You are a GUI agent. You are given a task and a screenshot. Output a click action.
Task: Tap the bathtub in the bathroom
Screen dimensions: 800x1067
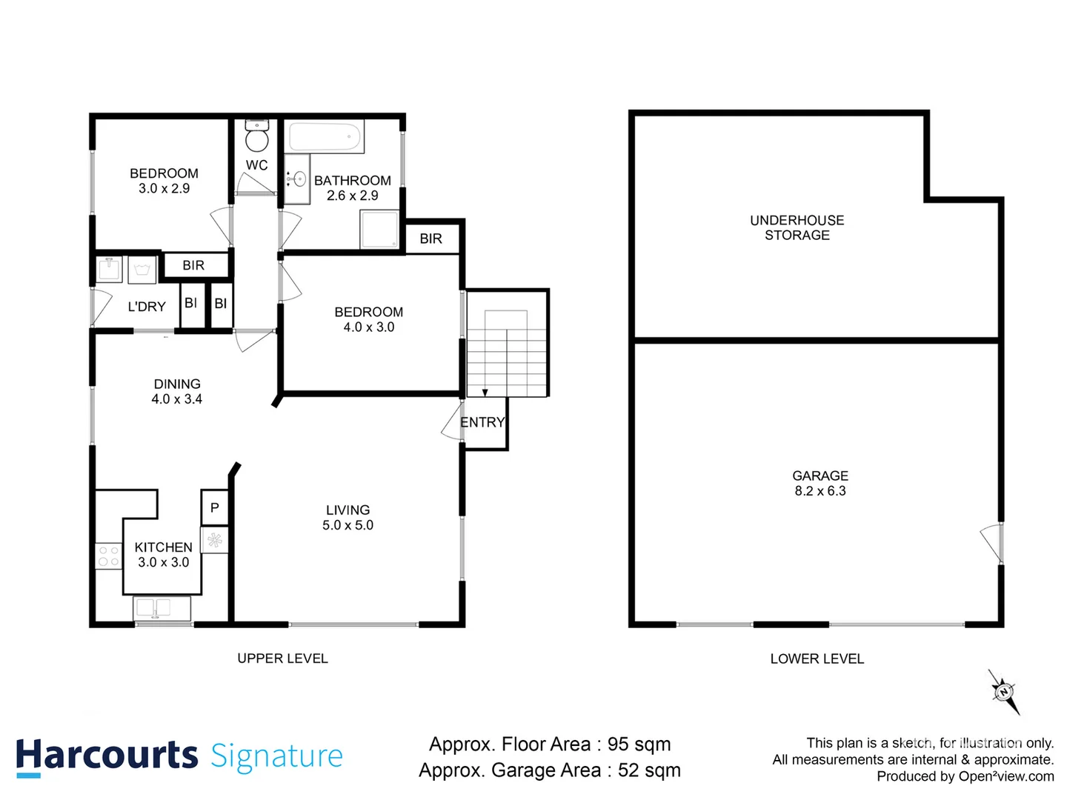tap(325, 138)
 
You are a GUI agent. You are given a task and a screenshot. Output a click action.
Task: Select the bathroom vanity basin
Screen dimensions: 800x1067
tap(297, 179)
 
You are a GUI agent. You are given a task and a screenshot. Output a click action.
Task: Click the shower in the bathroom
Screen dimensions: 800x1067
tap(379, 230)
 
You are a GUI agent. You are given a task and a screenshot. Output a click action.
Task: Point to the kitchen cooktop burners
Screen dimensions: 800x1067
tap(108, 556)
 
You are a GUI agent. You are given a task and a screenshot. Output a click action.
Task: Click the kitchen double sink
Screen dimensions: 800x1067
tap(162, 608)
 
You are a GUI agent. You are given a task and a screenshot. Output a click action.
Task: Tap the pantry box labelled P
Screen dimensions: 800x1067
tap(214, 507)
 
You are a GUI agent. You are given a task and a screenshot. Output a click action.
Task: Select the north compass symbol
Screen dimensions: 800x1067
tap(1004, 692)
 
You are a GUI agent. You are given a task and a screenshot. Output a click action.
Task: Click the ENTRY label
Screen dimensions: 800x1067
tap(482, 422)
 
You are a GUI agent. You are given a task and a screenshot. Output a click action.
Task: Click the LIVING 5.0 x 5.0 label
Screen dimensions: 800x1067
tap(348, 518)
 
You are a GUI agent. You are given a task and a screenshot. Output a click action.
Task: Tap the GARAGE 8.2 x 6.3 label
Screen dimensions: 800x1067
tap(820, 483)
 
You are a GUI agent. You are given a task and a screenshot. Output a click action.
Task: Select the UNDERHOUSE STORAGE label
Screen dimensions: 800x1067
tap(797, 227)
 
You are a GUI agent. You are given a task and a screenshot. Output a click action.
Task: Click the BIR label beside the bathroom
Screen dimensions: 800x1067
tap(431, 239)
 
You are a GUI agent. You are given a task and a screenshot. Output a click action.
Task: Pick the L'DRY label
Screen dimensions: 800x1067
tap(147, 307)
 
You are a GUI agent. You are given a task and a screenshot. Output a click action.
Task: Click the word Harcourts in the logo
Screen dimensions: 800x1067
tap(107, 756)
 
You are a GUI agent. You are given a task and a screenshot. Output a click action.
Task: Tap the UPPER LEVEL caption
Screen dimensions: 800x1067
tap(282, 659)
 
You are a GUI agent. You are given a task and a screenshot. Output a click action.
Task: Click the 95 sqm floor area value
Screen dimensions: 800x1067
tap(639, 744)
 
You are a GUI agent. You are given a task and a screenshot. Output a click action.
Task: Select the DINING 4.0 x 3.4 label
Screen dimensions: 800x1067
tap(177, 391)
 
